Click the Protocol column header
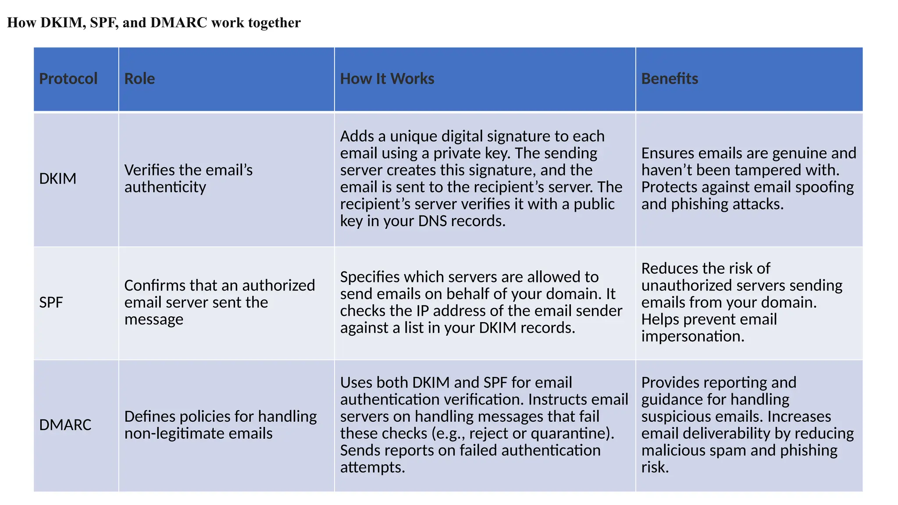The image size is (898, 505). coord(68,78)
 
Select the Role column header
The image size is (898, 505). coord(139,78)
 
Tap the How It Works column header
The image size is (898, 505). coord(387,78)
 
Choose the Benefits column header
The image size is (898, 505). coord(669,78)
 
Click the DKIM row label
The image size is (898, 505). coord(57,178)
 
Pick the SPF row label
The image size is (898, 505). coord(51,302)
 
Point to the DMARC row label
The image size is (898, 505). coord(65,424)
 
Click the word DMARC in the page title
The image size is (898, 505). coord(178,22)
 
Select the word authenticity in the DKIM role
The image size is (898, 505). coord(165,187)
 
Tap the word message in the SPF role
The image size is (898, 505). coord(153,319)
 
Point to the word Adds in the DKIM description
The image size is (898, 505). coord(357,136)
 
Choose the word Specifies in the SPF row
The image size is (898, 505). coord(370,277)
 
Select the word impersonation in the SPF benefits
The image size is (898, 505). coord(692,336)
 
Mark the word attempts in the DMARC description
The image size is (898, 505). coord(372,467)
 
